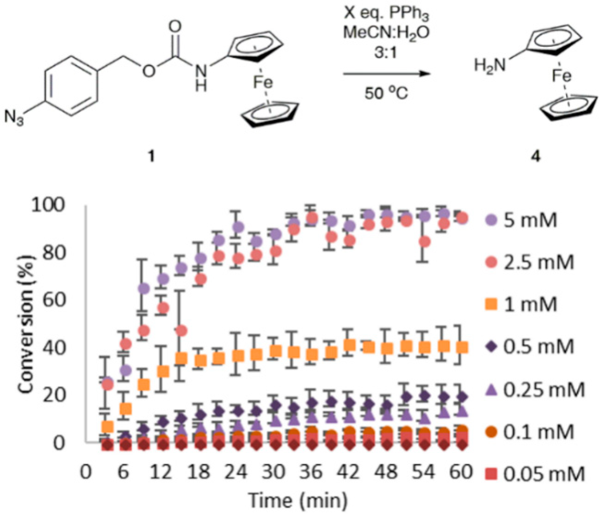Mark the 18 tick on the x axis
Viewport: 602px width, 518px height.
pyautogui.click(x=199, y=472)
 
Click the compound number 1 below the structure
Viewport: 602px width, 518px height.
pyautogui.click(x=151, y=156)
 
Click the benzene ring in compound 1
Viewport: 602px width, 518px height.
pyautogui.click(x=71, y=87)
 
